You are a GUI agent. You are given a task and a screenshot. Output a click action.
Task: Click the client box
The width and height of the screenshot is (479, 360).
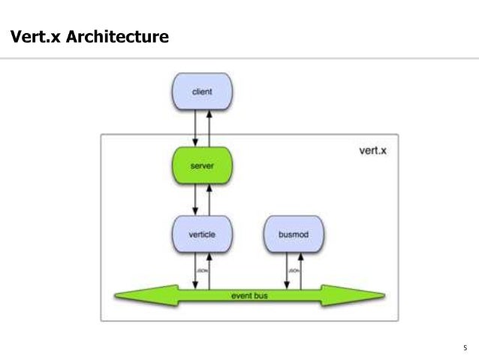click(x=202, y=92)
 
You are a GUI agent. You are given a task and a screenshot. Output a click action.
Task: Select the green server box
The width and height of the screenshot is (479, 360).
click(x=202, y=164)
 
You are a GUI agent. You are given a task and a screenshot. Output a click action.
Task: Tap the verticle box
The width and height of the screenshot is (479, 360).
click(x=202, y=234)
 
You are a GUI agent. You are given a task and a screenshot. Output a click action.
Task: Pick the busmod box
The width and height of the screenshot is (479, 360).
click(x=294, y=234)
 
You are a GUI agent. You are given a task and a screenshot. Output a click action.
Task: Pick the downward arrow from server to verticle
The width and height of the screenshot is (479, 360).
click(x=195, y=198)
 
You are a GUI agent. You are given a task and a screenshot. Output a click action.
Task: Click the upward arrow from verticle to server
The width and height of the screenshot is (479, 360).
click(x=209, y=198)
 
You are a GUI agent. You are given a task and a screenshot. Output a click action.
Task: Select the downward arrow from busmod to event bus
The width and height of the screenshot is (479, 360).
click(x=287, y=270)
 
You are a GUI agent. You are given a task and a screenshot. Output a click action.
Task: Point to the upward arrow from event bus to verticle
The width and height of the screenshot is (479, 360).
click(x=209, y=270)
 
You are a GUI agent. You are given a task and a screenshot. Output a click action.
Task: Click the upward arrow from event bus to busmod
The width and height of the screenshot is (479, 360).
click(x=302, y=270)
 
